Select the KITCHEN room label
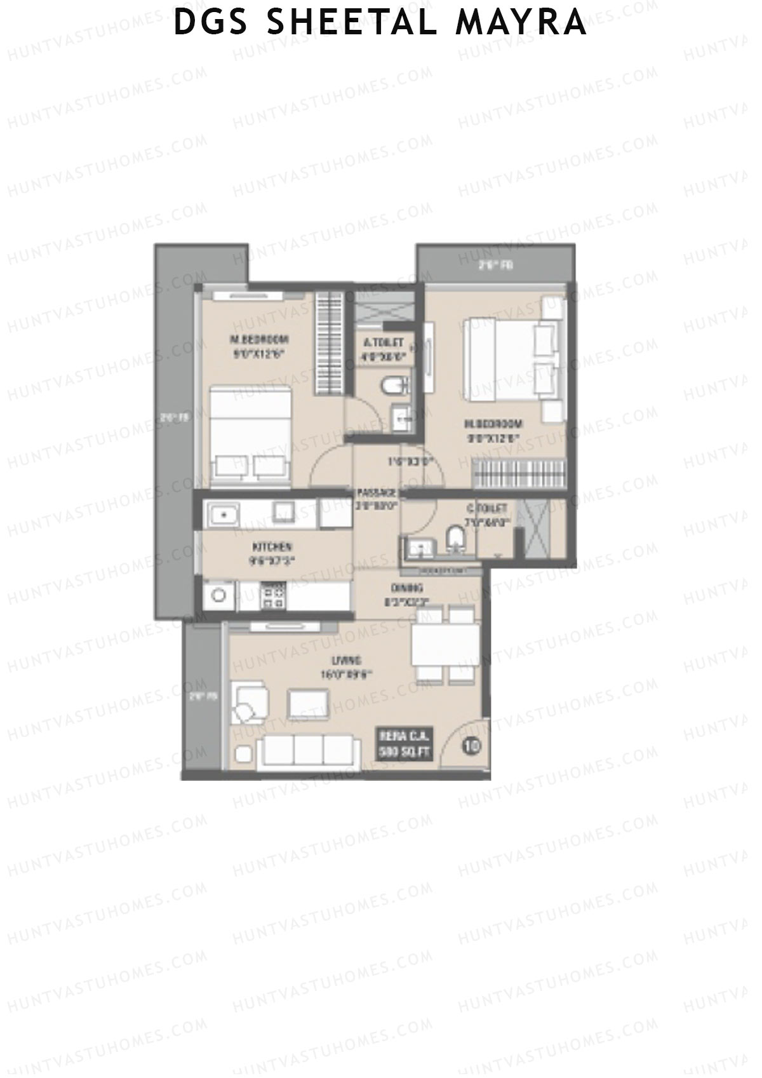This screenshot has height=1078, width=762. click(272, 547)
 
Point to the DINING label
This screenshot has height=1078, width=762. click(407, 588)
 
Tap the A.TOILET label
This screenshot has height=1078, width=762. click(383, 343)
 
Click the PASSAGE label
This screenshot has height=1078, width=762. click(376, 493)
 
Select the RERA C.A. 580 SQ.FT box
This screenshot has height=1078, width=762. click(404, 743)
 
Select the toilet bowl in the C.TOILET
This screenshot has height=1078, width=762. click(455, 538)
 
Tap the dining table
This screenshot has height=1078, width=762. click(445, 644)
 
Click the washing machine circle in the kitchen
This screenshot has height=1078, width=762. click(219, 596)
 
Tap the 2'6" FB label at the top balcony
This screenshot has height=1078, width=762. click(495, 266)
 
